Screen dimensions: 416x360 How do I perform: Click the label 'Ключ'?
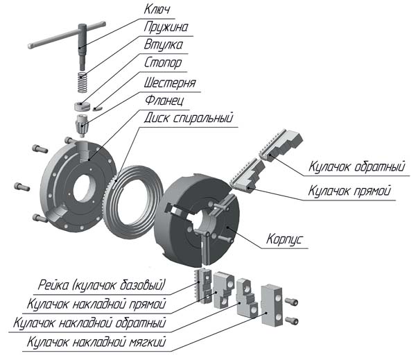(157, 9)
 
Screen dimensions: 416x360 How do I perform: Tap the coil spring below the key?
(83, 82)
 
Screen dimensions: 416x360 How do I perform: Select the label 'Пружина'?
(166, 27)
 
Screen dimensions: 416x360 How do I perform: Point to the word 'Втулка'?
(163, 44)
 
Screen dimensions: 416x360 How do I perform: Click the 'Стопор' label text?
(163, 62)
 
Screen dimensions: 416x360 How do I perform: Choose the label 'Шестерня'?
(170, 83)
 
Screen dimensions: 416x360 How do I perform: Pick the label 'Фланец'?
(164, 101)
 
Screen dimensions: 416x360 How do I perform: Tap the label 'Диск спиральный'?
(189, 118)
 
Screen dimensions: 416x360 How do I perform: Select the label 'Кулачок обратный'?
(357, 166)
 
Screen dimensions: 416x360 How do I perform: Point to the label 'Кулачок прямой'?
(349, 191)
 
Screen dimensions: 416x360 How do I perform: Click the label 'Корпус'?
(284, 239)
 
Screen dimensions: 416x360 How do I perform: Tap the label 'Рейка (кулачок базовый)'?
(102, 285)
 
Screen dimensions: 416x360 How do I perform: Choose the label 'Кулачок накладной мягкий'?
(96, 342)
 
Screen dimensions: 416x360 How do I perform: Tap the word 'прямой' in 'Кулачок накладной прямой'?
(147, 305)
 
